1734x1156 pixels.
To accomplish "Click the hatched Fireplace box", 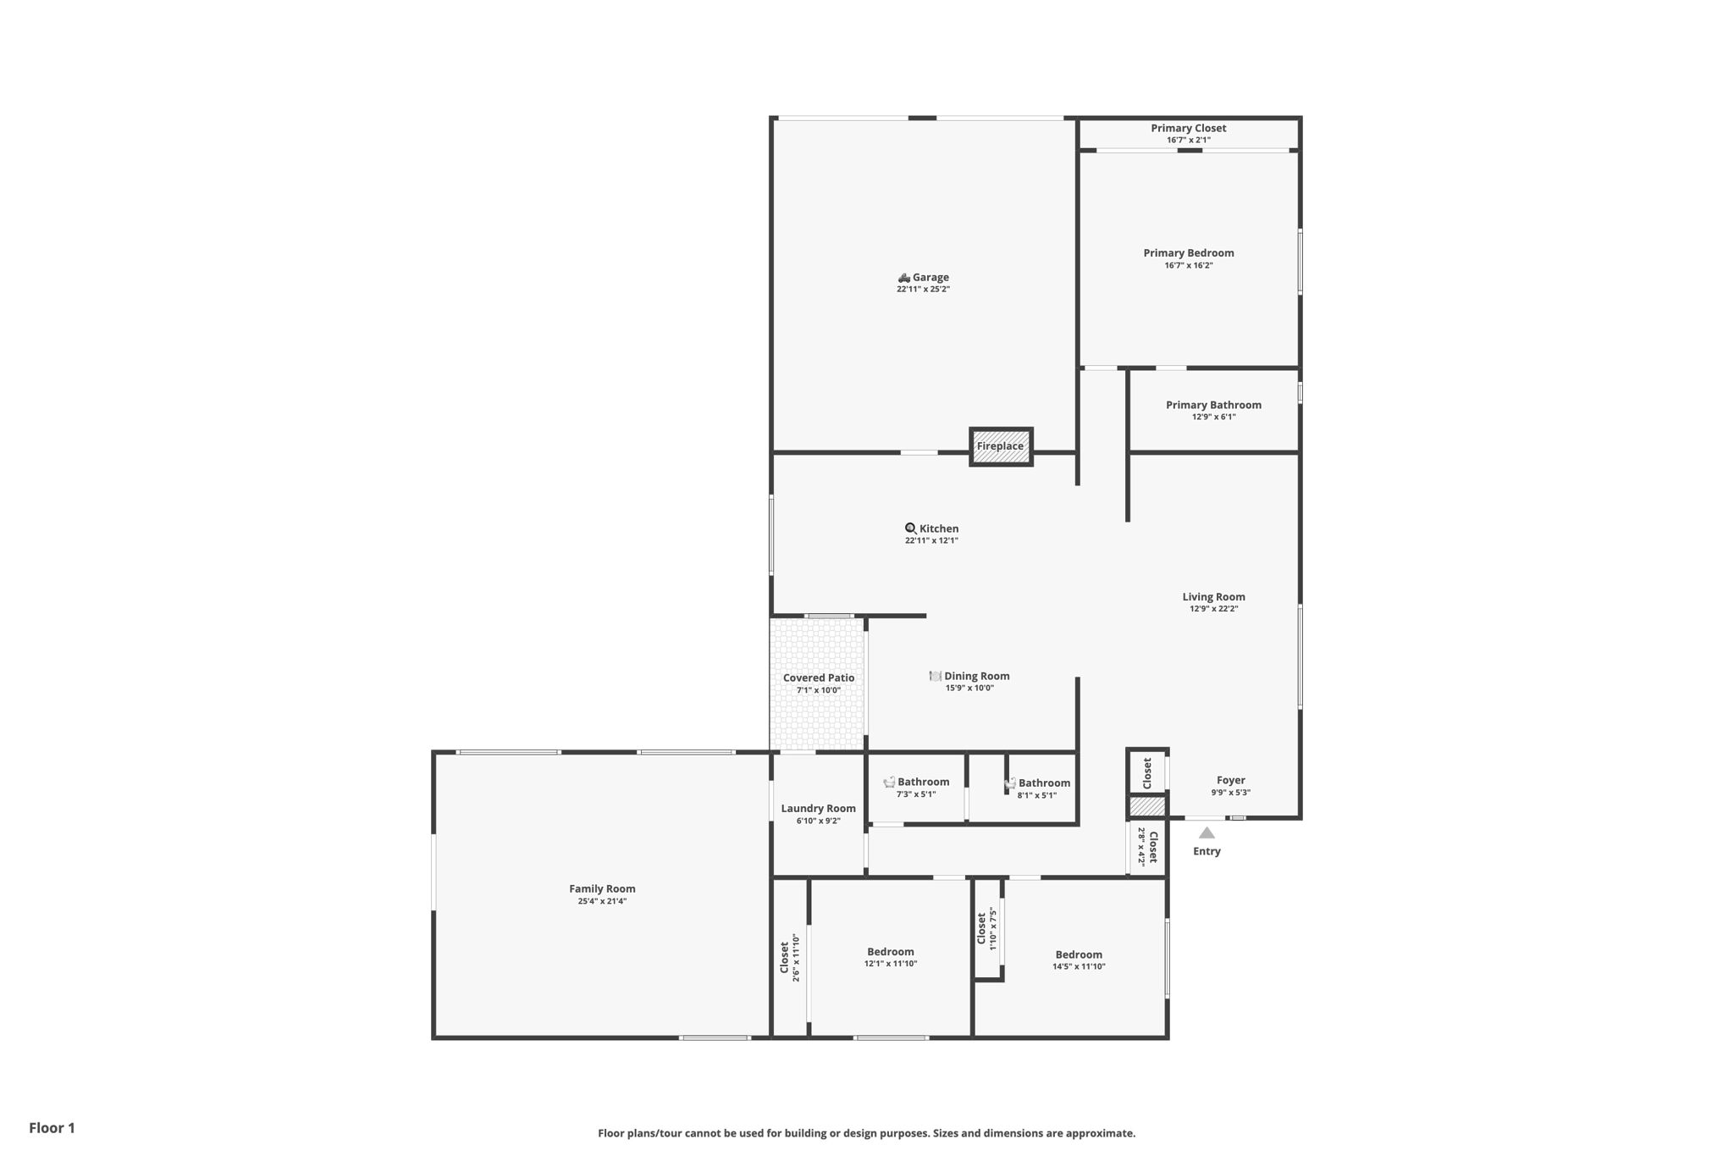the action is (x=1001, y=446).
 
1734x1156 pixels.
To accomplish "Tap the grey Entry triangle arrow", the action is (x=1207, y=832).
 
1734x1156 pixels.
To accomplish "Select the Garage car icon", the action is (x=903, y=278).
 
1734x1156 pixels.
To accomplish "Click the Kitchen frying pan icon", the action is (x=910, y=528).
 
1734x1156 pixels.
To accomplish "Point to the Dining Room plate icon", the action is (x=935, y=676).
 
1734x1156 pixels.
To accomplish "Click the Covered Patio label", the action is (x=819, y=678).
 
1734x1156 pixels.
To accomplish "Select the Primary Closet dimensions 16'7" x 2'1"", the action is (x=1188, y=141).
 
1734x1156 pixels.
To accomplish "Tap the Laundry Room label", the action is (x=818, y=809).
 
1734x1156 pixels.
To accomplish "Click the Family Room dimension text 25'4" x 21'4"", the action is (x=602, y=901).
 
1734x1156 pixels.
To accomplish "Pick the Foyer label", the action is (x=1230, y=781).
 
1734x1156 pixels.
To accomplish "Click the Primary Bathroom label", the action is (x=1213, y=405).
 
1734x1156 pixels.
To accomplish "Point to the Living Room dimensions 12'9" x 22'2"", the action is (x=1213, y=609).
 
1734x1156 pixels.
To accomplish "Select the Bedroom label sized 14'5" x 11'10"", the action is (x=1079, y=954).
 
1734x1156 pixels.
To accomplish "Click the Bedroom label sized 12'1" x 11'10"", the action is (x=891, y=952).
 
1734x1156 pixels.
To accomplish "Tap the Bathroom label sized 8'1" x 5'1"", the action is (x=1044, y=783).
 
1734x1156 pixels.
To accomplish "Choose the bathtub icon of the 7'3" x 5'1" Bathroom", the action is (x=889, y=782).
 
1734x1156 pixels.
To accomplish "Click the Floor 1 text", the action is (x=52, y=1128).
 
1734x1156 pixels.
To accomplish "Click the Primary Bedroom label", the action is (x=1188, y=252).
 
